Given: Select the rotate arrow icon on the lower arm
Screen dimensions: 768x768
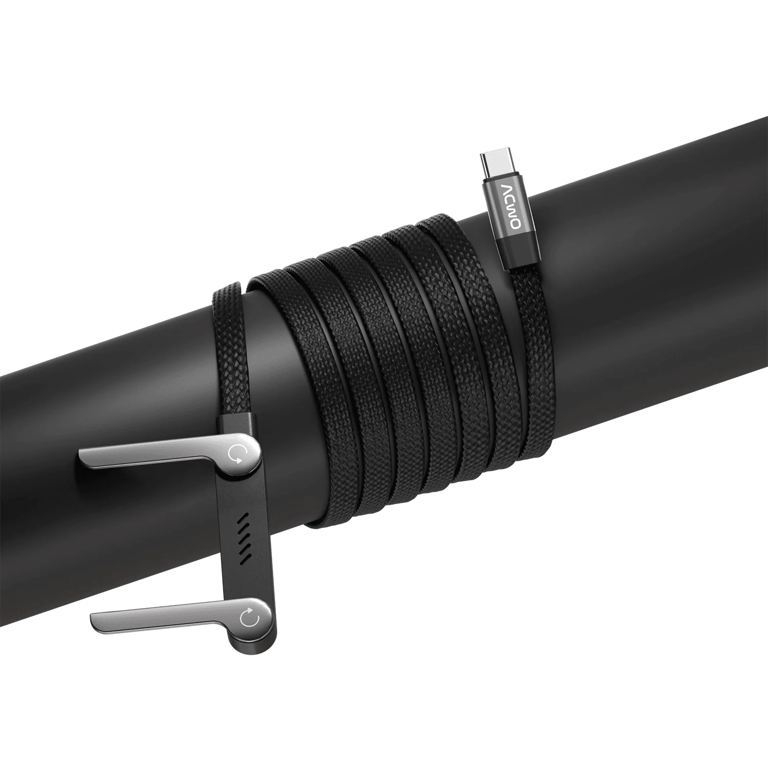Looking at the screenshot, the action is tap(250, 620).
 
